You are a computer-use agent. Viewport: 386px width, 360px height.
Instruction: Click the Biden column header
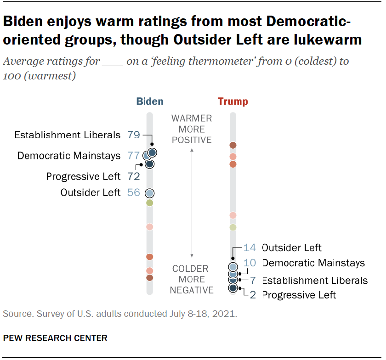point(150,101)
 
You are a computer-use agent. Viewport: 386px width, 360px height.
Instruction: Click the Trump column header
point(233,101)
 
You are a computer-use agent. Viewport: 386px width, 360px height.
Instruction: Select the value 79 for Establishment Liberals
point(133,135)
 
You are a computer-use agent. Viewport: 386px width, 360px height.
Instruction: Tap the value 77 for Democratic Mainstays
point(133,156)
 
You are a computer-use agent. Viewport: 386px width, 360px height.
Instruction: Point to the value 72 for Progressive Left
point(133,176)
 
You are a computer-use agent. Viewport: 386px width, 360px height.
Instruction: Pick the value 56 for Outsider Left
point(133,193)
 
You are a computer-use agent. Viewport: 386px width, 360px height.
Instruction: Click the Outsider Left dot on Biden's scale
point(150,193)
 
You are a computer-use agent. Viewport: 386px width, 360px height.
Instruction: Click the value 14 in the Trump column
point(250,248)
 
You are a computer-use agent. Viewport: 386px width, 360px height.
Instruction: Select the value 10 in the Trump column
point(250,263)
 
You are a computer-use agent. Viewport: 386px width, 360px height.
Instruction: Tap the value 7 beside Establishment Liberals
point(253,280)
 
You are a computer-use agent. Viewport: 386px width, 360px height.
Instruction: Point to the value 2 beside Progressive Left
point(253,295)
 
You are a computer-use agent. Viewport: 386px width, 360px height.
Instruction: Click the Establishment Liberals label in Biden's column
point(67,135)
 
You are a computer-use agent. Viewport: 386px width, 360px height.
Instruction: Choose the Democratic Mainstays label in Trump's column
point(313,263)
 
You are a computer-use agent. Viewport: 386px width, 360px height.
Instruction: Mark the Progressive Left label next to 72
point(83,176)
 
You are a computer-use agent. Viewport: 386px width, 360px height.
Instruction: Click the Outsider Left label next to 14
point(292,248)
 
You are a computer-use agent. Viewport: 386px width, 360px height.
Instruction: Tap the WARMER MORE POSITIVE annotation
point(192,129)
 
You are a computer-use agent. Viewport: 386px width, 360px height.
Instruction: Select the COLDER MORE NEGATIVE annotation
point(192,279)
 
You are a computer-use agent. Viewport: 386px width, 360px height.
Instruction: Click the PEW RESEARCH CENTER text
point(55,338)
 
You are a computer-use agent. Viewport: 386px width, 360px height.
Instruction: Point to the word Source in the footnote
point(16,315)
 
